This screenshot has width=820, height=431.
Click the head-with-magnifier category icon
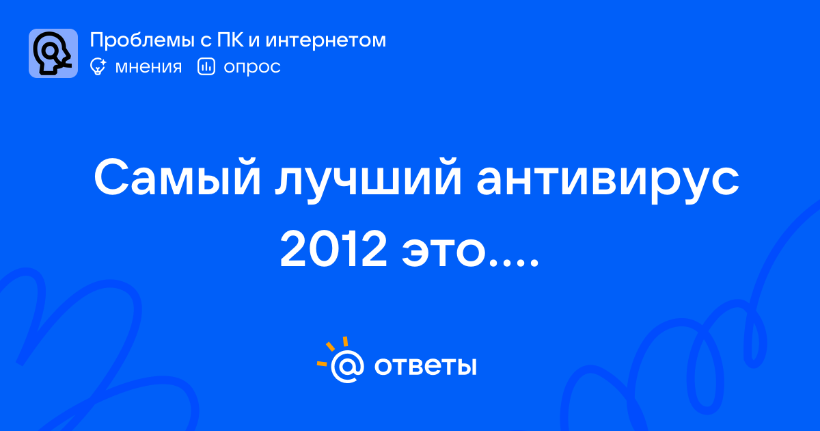pyautogui.click(x=53, y=53)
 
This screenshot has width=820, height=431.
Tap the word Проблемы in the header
pyautogui.click(x=142, y=40)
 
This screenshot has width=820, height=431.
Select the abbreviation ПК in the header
pyautogui.click(x=230, y=40)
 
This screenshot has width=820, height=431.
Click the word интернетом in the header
pyautogui.click(x=325, y=40)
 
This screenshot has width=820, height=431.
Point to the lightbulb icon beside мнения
pyautogui.click(x=98, y=66)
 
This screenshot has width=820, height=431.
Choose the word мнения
pyautogui.click(x=148, y=67)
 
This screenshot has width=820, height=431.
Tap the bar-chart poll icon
pyautogui.click(x=206, y=66)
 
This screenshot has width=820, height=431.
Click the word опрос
pyautogui.click(x=252, y=68)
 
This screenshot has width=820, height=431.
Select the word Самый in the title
pyautogui.click(x=177, y=178)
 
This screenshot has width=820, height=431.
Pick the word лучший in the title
pyautogui.click(x=368, y=180)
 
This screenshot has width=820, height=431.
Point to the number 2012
pyautogui.click(x=333, y=249)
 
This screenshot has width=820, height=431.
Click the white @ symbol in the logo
pyautogui.click(x=347, y=366)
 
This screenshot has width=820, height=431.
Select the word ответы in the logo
pyautogui.click(x=425, y=366)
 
